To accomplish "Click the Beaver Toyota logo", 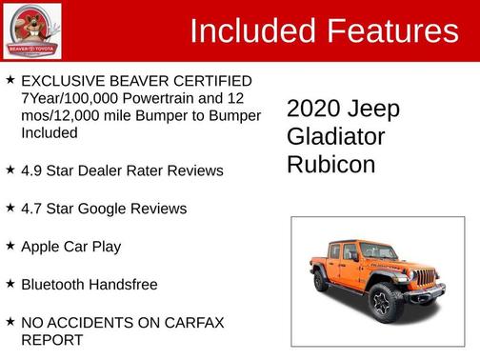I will (x=31, y=31).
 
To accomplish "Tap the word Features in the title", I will (x=391, y=31).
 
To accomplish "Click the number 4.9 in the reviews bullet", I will (x=32, y=170).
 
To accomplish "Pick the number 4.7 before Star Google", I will (x=32, y=209).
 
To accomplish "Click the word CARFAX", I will (x=195, y=323).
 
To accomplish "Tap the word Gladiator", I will (x=336, y=136).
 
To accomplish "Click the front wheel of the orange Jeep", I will (x=383, y=302).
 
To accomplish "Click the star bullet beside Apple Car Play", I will (x=10, y=246).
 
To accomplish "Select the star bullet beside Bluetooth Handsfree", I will (x=10, y=284).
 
